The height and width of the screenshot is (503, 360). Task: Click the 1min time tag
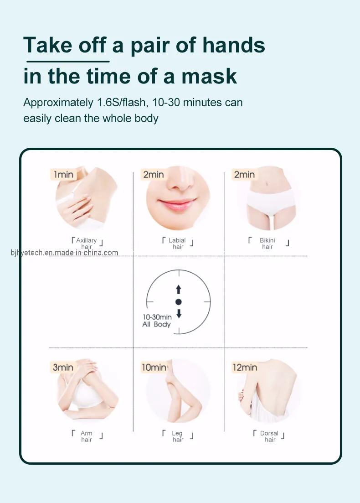63,175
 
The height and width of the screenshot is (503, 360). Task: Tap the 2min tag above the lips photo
154,175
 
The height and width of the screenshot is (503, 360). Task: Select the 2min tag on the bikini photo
244,175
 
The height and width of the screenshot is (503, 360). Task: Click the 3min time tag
63,367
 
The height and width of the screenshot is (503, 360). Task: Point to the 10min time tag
154,367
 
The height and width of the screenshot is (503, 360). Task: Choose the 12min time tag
245,367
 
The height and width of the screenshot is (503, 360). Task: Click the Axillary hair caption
87,244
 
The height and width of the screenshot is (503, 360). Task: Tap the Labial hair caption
178,244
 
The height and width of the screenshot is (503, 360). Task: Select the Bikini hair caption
268,244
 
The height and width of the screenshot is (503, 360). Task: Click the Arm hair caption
87,436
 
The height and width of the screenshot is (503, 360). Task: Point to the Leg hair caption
178,436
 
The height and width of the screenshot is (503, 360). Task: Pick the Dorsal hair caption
269,436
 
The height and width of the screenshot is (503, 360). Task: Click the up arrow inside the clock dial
179,290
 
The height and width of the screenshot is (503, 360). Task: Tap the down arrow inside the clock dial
179,314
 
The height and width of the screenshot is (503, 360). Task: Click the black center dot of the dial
179,302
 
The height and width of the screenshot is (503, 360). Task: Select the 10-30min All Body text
157,321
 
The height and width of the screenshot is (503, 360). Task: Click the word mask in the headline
209,76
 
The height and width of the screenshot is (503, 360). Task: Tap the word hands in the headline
234,45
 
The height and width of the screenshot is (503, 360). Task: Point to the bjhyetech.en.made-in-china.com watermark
64,253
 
